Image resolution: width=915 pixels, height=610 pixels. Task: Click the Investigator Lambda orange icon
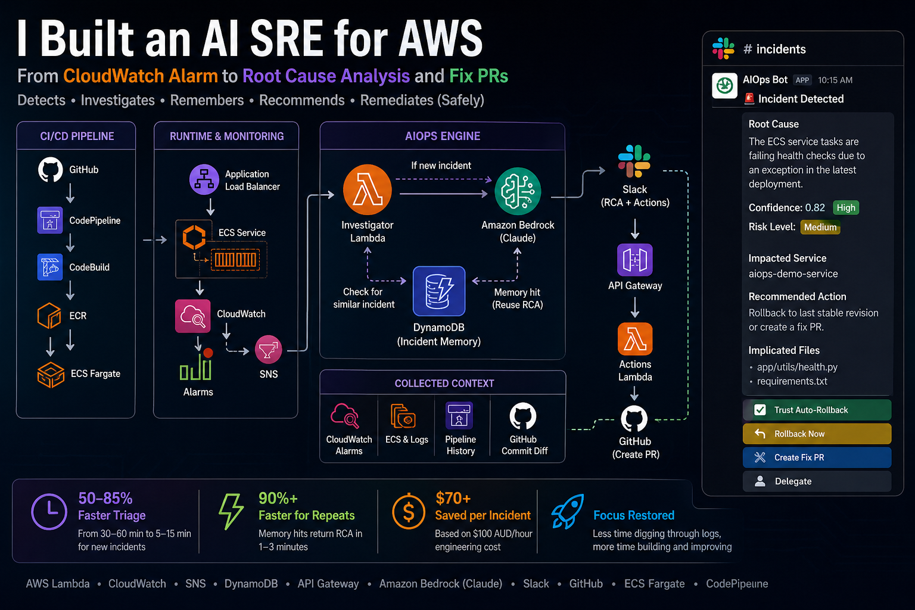[367, 190]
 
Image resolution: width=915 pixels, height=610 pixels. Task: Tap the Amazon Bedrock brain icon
[518, 191]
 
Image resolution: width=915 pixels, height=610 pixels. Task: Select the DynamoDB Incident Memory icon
[439, 291]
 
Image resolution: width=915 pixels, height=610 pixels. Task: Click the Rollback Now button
[817, 434]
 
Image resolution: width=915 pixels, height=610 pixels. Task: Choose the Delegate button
[817, 481]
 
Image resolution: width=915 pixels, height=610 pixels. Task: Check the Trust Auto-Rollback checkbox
[760, 410]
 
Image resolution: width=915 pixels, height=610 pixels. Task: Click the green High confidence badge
[845, 207]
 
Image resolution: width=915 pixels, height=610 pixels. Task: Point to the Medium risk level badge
[820, 227]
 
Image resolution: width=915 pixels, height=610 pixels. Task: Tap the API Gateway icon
[635, 260]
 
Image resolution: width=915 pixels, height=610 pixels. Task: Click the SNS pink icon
[269, 349]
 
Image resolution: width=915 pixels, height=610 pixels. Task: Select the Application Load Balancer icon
[204, 179]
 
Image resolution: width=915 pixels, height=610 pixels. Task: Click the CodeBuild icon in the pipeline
[50, 267]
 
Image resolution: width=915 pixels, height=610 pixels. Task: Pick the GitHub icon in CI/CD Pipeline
[50, 169]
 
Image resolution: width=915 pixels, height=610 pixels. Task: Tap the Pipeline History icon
[459, 416]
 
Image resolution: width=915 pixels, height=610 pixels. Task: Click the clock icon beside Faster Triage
[49, 511]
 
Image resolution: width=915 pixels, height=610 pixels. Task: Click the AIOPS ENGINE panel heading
[443, 136]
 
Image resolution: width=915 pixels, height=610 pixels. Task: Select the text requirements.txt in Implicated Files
[792, 381]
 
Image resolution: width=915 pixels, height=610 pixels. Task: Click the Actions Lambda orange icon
[635, 339]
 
